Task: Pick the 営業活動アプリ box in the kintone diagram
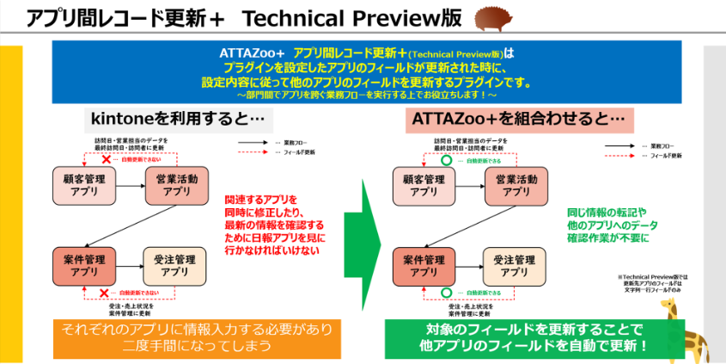tap(176, 185)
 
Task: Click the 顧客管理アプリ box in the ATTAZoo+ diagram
tap(422, 185)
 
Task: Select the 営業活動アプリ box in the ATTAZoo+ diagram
tap(513, 185)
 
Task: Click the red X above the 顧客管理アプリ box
tap(106, 160)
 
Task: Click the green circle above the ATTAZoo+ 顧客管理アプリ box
tap(444, 160)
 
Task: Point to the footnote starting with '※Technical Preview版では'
tap(660, 285)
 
